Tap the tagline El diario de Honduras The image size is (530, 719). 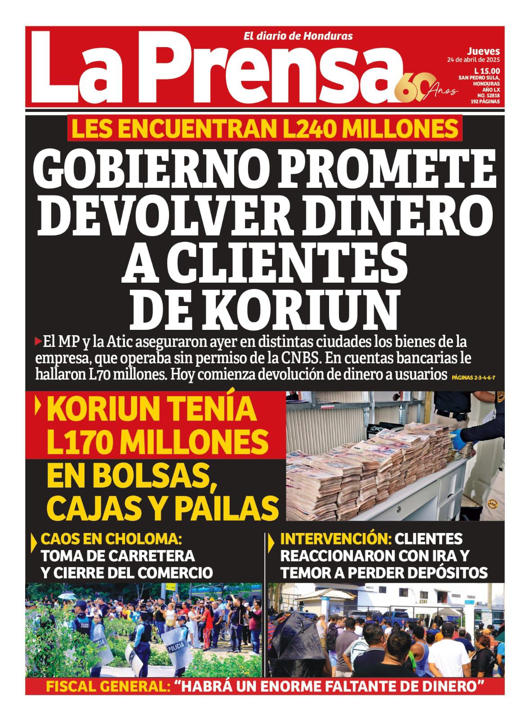(x=298, y=36)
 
